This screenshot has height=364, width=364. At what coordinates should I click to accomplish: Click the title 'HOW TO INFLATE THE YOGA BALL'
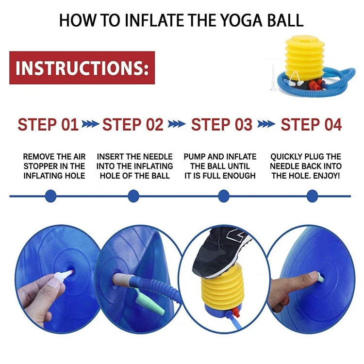click(x=181, y=20)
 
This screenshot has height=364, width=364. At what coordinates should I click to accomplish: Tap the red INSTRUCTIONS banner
click(x=82, y=67)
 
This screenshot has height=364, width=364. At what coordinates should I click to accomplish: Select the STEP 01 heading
click(x=48, y=125)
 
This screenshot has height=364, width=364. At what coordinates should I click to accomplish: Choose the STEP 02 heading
click(x=132, y=125)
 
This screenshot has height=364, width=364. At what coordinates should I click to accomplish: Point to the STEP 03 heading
click(x=222, y=125)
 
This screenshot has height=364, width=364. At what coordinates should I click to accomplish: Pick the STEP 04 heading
click(x=311, y=125)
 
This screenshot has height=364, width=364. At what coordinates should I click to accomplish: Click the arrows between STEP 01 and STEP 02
click(x=90, y=125)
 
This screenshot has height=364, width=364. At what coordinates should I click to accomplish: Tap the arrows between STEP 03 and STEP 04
click(x=266, y=125)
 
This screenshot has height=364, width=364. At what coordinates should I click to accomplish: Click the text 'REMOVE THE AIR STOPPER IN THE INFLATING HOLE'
click(x=54, y=166)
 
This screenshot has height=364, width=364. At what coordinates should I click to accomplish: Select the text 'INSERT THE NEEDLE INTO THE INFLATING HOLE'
click(x=134, y=166)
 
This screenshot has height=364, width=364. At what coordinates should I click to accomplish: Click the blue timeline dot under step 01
click(x=50, y=196)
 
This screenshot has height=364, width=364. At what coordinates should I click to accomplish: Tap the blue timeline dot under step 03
click(x=223, y=196)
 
